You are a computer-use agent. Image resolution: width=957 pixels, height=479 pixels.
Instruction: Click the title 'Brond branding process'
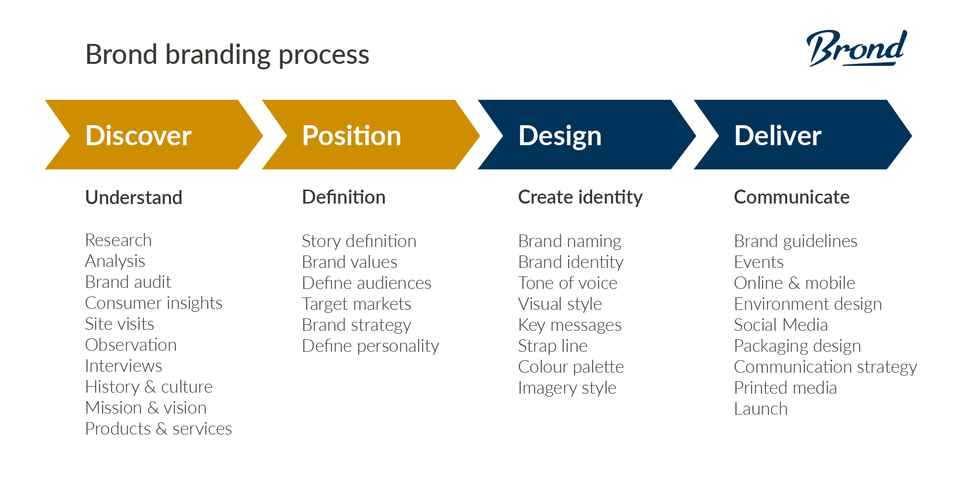pos(227,54)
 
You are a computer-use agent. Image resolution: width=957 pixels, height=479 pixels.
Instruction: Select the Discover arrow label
pos(138,136)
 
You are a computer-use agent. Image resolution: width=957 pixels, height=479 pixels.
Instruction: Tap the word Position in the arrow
pos(351,136)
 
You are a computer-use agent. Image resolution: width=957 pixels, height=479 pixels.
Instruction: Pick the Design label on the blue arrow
pos(560,136)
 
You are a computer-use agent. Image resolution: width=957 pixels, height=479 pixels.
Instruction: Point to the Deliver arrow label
pos(778,136)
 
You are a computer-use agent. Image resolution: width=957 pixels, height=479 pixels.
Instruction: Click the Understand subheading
pos(134,198)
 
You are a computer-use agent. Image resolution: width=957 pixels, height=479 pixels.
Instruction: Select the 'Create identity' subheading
pos(580,198)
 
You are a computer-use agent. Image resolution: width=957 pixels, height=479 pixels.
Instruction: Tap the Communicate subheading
pos(792,198)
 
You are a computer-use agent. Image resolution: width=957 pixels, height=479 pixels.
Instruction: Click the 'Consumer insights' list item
pos(154,303)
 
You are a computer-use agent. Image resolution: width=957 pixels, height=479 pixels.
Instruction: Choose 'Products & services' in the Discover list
pos(159,429)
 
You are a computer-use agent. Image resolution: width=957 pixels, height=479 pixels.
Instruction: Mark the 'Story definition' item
pos(359,241)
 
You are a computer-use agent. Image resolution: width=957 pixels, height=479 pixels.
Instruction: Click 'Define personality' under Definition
pos(370,346)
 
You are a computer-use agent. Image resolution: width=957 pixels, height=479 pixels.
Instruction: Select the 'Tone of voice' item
pos(568,283)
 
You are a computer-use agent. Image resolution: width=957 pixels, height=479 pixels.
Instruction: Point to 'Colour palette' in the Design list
pos(571,367)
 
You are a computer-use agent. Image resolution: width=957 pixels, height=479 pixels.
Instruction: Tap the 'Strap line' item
pos(553,346)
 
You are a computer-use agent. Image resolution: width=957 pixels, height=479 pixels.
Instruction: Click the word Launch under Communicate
pos(761,409)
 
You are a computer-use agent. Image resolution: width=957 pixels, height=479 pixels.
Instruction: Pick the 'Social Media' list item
pos(781,325)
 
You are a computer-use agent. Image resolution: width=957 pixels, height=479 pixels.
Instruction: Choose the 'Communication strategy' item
pos(825,367)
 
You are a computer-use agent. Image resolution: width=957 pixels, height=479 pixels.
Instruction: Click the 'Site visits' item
pos(120,324)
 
